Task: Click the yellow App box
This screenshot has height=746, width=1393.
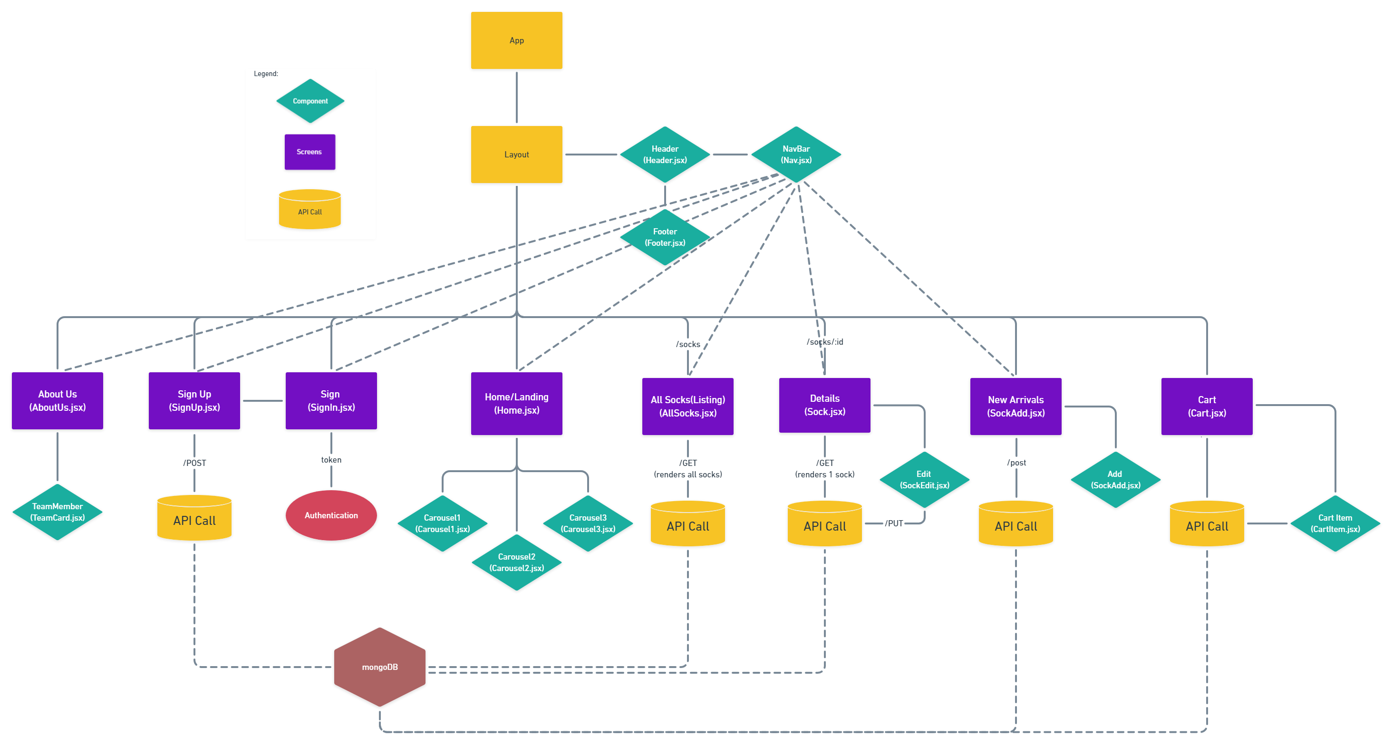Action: tap(516, 40)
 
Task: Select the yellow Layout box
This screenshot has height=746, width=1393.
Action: tap(516, 154)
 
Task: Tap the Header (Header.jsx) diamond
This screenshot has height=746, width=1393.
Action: tap(665, 154)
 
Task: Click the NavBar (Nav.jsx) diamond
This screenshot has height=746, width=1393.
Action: tap(796, 154)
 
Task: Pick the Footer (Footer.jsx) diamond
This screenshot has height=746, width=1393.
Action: tap(665, 237)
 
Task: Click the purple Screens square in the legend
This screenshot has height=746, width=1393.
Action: tap(310, 152)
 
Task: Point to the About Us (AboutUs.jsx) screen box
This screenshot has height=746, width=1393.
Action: tap(58, 401)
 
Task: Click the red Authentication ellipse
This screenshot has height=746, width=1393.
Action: tap(331, 515)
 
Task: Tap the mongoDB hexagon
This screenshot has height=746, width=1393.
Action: tap(379, 667)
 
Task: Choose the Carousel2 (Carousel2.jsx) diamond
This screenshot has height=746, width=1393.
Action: tap(516, 562)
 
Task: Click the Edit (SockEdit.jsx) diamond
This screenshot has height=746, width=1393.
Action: tap(924, 480)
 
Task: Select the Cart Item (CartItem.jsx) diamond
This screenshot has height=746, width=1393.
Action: tap(1335, 523)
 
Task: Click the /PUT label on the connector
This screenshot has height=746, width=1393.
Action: tap(894, 523)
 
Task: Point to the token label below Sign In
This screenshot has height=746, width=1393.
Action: tap(331, 460)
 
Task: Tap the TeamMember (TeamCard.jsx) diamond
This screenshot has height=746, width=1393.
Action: tap(58, 512)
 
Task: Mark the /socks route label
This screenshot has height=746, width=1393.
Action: tap(688, 344)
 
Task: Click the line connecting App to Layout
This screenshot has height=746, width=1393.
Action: tap(516, 97)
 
